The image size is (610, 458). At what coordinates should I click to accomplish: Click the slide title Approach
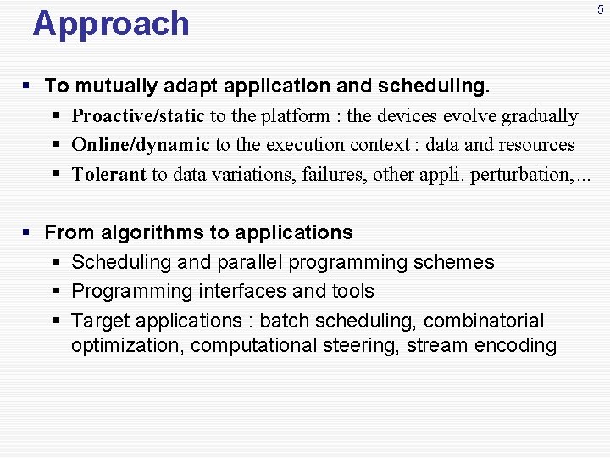tap(111, 24)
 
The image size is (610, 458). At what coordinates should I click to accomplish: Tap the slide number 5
tap(601, 9)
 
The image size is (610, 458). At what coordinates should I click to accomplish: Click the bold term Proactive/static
tap(138, 116)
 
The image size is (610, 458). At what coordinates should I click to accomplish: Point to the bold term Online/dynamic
tap(141, 145)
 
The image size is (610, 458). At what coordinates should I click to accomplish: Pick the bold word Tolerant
tap(109, 175)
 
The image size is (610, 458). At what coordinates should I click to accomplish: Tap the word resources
tap(535, 145)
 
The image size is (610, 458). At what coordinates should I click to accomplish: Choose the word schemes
tap(453, 263)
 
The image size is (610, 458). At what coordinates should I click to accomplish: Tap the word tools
tap(352, 292)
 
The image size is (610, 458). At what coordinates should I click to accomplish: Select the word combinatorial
tap(484, 321)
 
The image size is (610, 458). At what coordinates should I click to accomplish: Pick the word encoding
tap(517, 346)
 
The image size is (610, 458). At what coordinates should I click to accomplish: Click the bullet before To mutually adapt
tap(27, 87)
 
